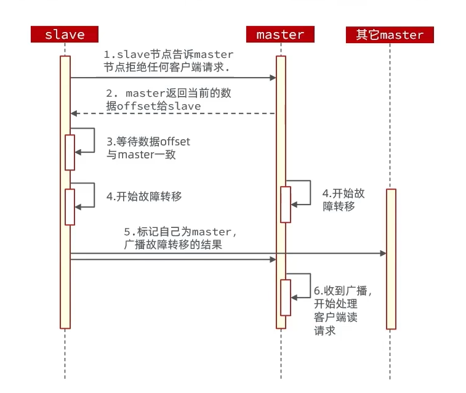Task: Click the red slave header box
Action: pyautogui.click(x=65, y=34)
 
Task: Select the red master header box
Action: pyautogui.click(x=281, y=34)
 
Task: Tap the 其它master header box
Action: pyautogui.click(x=390, y=34)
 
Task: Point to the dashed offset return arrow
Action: pyautogui.click(x=172, y=113)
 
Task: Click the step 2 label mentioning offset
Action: pyautogui.click(x=168, y=100)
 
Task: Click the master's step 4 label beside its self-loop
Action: pyautogui.click(x=342, y=200)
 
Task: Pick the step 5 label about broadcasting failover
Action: pyautogui.click(x=180, y=238)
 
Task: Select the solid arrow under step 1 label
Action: pyautogui.click(x=172, y=78)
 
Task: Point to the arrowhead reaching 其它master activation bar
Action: pyautogui.click(x=383, y=253)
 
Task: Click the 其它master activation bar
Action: pyautogui.click(x=391, y=259)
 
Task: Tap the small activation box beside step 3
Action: pyautogui.click(x=70, y=152)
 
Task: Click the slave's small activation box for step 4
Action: pyautogui.click(x=70, y=206)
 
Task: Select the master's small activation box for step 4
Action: pyautogui.click(x=286, y=204)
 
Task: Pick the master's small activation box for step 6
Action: pyautogui.click(x=286, y=298)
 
